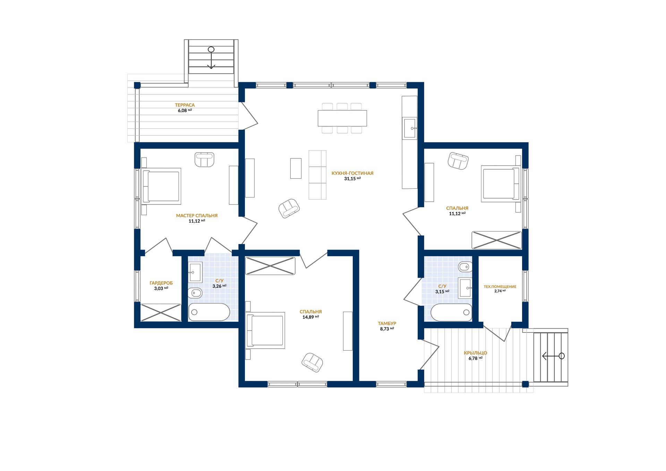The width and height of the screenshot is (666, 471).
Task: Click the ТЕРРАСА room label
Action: [185, 105]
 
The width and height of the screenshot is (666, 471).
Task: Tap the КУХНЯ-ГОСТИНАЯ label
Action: [352, 173]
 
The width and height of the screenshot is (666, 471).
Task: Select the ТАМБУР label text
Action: [387, 323]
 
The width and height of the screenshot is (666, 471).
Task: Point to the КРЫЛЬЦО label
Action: [476, 353]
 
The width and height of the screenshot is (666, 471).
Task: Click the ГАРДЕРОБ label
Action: [161, 283]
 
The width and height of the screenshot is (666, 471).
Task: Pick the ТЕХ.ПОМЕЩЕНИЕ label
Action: [500, 287]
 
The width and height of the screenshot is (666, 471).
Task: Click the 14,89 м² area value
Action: [311, 317]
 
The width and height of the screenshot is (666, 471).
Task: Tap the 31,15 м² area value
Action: [352, 179]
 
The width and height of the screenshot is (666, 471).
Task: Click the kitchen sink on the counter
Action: [410, 128]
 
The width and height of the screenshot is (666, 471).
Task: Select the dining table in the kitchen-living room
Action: [342, 118]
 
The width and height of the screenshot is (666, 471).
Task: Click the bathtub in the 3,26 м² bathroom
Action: [209, 312]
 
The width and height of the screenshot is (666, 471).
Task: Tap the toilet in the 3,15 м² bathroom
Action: [465, 267]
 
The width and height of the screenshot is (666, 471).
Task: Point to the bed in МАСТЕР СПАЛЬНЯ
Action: [162, 186]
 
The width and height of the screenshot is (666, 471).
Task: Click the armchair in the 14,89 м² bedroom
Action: [313, 362]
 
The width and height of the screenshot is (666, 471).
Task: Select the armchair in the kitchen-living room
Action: [289, 208]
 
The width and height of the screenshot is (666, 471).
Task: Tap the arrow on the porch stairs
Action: [553, 356]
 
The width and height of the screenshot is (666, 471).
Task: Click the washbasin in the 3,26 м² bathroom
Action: [195, 272]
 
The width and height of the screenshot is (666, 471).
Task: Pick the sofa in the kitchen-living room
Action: [317, 175]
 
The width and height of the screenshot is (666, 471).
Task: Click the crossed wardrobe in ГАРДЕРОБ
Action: [161, 312]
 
